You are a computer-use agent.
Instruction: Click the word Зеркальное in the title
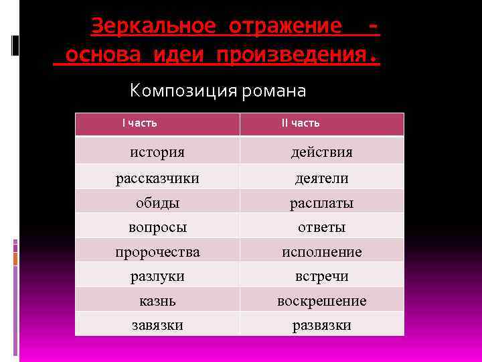[153, 26]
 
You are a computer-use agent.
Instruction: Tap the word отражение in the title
[285, 26]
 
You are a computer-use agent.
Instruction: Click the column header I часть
[139, 123]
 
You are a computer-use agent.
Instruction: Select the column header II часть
[301, 123]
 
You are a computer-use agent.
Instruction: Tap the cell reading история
[157, 152]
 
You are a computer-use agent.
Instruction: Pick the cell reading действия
[321, 152]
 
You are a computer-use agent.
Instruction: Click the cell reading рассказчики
[157, 178]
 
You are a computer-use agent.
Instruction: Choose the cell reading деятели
[321, 178]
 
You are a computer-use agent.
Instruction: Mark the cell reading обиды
[157, 202]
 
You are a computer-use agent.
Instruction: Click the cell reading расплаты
[321, 202]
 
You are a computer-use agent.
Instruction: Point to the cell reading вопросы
[157, 227]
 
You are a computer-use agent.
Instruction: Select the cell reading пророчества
[157, 252]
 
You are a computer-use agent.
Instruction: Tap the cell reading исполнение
[321, 252]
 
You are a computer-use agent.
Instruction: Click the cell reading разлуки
[157, 276]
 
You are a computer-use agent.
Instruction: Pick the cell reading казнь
[157, 301]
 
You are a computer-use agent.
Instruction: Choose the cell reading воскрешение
[321, 301]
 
